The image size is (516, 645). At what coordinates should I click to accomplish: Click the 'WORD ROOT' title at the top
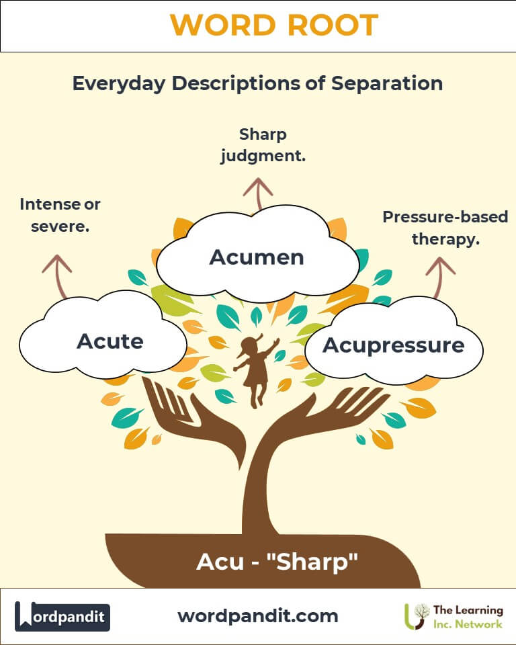pos(274,25)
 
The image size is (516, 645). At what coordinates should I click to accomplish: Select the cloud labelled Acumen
pos(257,256)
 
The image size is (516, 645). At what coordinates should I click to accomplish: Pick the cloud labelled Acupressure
pos(393,345)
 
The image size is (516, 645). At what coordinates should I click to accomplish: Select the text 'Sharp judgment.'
pos(263,145)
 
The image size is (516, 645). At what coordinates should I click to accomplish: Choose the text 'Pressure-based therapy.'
pos(445,228)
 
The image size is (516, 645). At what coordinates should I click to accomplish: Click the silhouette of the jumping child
pos(255,370)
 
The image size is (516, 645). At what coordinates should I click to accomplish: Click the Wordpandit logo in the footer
pos(62,616)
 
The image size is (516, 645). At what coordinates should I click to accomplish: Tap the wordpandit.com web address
pos(258,615)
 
